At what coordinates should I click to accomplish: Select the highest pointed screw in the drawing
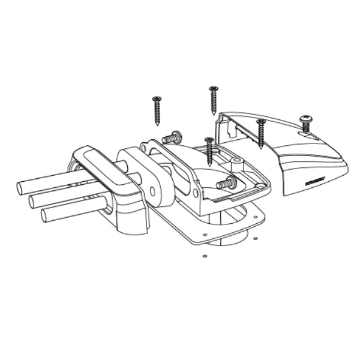213,100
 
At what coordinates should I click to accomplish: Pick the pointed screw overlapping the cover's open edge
261,133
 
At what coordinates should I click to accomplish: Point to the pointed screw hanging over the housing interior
209,151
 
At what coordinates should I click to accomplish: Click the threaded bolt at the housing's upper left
173,137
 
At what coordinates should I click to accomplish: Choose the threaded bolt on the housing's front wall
226,183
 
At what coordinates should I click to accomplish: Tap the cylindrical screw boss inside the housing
237,163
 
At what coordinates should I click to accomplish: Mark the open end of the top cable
21,188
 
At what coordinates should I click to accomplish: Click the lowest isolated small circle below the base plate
205,256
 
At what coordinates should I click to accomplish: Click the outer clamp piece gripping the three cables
114,192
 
